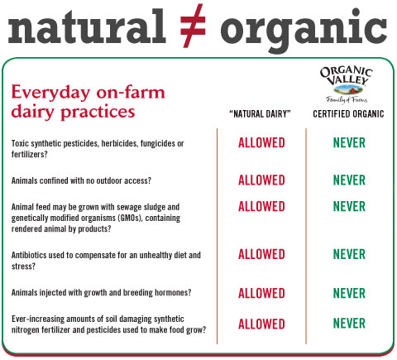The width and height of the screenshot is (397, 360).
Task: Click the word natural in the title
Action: point(87,27)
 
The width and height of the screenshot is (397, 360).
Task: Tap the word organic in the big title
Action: point(304,31)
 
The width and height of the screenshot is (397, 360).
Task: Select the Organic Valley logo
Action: point(347,84)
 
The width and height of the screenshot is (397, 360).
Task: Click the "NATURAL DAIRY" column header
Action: point(260,114)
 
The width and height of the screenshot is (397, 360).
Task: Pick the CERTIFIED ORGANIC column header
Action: point(348,114)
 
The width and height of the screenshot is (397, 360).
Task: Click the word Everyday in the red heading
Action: point(50,93)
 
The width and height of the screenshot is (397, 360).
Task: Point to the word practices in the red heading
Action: point(98,113)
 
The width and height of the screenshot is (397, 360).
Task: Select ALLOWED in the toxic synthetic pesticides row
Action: point(261,143)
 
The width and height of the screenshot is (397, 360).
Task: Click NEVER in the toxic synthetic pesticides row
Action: point(349,142)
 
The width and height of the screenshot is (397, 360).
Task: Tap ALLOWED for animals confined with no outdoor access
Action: point(261,180)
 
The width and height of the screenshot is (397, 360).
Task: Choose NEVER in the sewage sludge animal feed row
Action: point(349,206)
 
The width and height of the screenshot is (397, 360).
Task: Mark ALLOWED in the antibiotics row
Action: point(261,254)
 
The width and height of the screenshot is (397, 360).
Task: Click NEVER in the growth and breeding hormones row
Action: point(349,293)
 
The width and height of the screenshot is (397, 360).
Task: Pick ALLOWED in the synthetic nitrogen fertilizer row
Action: point(261,324)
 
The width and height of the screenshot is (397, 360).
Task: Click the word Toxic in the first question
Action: point(20,143)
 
